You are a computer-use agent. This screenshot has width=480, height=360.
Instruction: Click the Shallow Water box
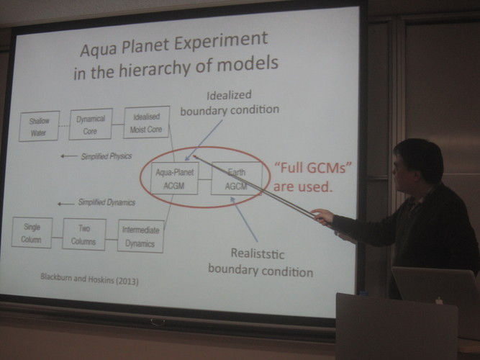(x=39, y=126)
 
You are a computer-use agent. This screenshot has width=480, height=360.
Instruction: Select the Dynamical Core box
(x=91, y=124)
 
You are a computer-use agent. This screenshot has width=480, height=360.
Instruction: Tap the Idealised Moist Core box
(x=146, y=122)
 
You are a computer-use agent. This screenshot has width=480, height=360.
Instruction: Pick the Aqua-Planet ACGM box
(x=174, y=179)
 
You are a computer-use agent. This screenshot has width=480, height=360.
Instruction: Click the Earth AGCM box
(x=236, y=179)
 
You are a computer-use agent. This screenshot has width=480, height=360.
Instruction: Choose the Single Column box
(x=32, y=233)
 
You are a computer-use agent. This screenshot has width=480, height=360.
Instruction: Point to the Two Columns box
(x=84, y=235)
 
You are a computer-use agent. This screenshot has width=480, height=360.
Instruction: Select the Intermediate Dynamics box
(x=140, y=236)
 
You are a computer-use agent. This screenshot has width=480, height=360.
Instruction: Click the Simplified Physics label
(x=107, y=156)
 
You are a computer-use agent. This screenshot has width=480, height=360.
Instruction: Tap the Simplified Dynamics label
(x=107, y=202)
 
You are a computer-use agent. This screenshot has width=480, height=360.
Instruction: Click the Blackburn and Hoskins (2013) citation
(x=89, y=279)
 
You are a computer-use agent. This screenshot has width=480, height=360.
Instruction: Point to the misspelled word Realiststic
(x=258, y=253)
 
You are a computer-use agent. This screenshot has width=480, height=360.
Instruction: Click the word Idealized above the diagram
(x=229, y=95)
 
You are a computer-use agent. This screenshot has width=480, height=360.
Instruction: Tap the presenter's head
(x=417, y=166)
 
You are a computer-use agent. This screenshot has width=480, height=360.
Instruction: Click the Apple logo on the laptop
(x=439, y=300)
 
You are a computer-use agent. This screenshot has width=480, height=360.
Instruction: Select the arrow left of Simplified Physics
(x=68, y=156)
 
